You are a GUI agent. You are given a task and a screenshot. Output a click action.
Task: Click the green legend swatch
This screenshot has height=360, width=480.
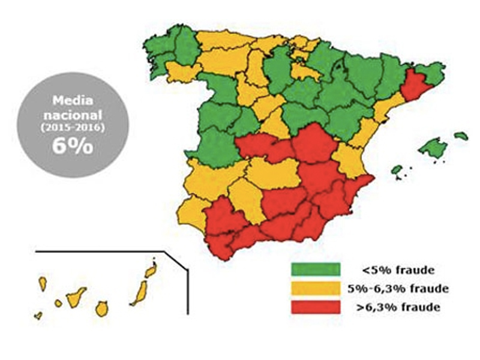tap(315, 269)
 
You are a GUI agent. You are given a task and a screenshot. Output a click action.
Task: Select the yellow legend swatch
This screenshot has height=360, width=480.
tap(315, 289)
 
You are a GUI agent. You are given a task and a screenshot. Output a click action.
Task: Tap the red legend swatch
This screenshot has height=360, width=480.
tap(315, 307)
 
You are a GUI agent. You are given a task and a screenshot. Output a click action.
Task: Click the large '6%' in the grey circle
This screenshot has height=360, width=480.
tap(72, 146)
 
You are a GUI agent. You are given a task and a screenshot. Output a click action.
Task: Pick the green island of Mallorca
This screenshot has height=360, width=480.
tap(436, 147)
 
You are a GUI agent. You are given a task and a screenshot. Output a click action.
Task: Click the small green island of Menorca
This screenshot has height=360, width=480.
tap(461, 136)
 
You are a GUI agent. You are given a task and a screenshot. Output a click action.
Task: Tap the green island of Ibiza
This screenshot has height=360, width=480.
tap(397, 170)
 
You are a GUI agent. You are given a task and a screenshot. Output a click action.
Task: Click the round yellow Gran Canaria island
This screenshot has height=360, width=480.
tap(102, 308)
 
